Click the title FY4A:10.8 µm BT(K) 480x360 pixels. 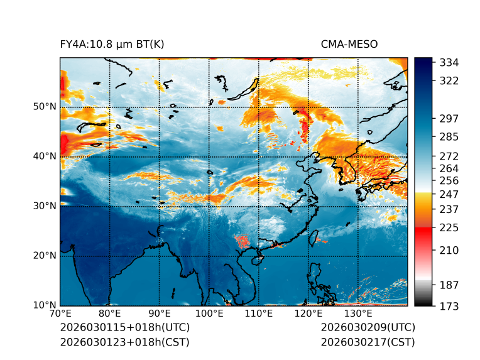click(x=112, y=44)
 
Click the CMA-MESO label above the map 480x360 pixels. click(x=349, y=44)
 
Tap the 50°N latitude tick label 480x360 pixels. click(x=45, y=107)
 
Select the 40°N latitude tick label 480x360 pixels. click(x=45, y=156)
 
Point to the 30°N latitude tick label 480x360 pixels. click(x=45, y=206)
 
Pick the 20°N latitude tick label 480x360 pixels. click(x=45, y=256)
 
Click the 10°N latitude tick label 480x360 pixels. click(x=45, y=306)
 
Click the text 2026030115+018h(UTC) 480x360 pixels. click(x=124, y=328)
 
